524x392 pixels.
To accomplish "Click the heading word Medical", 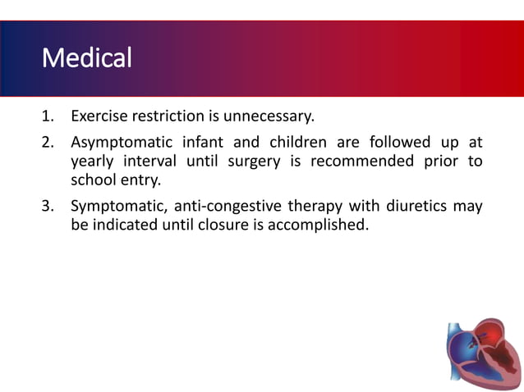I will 86,58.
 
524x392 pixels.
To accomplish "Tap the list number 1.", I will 48,116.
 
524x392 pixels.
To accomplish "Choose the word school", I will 92,181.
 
